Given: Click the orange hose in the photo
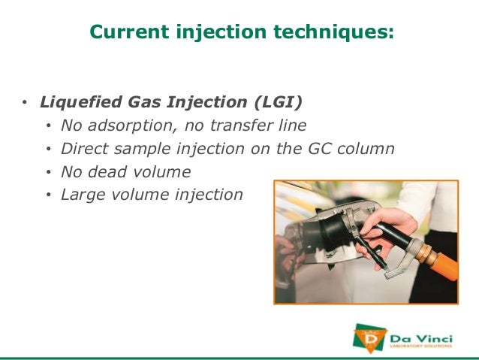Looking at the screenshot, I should click(443, 263).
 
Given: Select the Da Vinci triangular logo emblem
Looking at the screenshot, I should click(367, 336).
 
